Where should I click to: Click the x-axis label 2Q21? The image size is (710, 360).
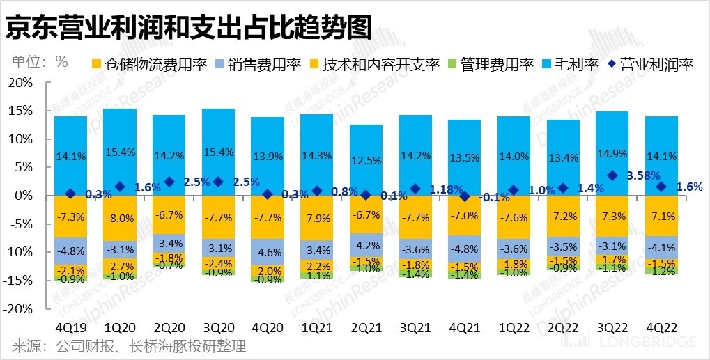coord(366,327)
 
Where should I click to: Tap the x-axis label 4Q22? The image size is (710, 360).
coord(661,327)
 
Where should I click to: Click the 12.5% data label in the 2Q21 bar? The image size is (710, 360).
coord(366,161)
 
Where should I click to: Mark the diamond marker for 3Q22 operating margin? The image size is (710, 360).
coord(612,175)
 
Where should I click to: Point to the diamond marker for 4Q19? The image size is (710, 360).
coord(70,194)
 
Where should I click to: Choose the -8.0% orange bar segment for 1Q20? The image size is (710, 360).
coord(120,218)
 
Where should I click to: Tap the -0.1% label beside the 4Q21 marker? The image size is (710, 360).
coord(495,197)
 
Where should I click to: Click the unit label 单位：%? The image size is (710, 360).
coord(40,61)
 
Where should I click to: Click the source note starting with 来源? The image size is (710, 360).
coord(129,346)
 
